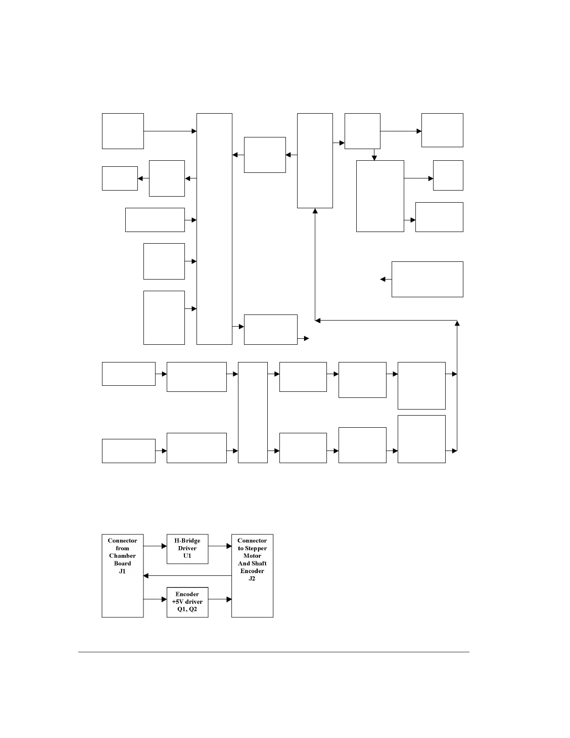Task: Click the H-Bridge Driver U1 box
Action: [x=187, y=548]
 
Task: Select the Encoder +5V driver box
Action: [x=187, y=602]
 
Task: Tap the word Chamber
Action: [x=122, y=556]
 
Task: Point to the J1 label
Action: [x=122, y=571]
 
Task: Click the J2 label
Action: [x=252, y=578]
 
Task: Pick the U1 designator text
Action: [x=187, y=556]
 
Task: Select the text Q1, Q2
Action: [x=187, y=609]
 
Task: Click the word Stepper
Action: [x=256, y=548]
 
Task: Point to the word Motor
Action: [x=252, y=556]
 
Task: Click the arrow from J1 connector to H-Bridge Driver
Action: [x=155, y=546]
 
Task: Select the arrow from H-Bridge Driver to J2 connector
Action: [x=220, y=546]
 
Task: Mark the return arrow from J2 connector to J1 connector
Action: [x=187, y=576]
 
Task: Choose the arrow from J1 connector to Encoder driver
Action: [x=155, y=600]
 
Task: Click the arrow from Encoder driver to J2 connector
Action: [x=220, y=600]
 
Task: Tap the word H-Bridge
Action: [x=187, y=541]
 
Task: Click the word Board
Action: [x=122, y=563]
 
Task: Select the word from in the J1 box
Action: [x=122, y=548]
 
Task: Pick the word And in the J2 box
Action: [x=244, y=563]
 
